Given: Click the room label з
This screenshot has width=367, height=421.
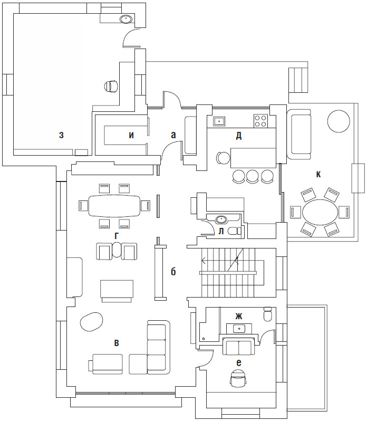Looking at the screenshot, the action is (62, 135).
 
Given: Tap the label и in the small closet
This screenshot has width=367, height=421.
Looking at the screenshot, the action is (131, 135).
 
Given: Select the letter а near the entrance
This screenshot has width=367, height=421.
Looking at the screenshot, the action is (173, 135).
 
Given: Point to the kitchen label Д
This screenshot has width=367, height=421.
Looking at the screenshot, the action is (239, 136).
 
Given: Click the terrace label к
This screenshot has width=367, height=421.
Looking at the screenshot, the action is (318, 175).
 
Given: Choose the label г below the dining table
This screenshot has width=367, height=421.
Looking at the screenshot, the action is (116, 236).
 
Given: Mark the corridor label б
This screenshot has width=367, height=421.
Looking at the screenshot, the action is (173, 272).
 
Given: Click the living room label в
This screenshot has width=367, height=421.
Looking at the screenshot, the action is (117, 343).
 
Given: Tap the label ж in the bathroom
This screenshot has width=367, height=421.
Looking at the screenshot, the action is (239, 316).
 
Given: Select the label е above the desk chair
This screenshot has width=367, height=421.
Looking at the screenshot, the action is (239, 363).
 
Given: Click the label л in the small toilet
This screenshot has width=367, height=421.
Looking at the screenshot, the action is (221, 231).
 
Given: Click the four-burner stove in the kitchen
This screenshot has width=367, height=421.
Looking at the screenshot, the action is (261, 121).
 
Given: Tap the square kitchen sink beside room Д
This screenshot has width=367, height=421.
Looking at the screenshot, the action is (219, 121).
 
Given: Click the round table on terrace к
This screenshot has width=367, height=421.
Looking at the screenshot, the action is (339, 121).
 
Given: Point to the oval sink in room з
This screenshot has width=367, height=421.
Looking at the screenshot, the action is (125, 20).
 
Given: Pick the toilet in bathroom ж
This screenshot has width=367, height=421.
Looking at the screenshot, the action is (268, 314).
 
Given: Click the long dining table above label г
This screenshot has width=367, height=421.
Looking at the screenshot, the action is (114, 206).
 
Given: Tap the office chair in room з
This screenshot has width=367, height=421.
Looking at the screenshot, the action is (111, 87).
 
